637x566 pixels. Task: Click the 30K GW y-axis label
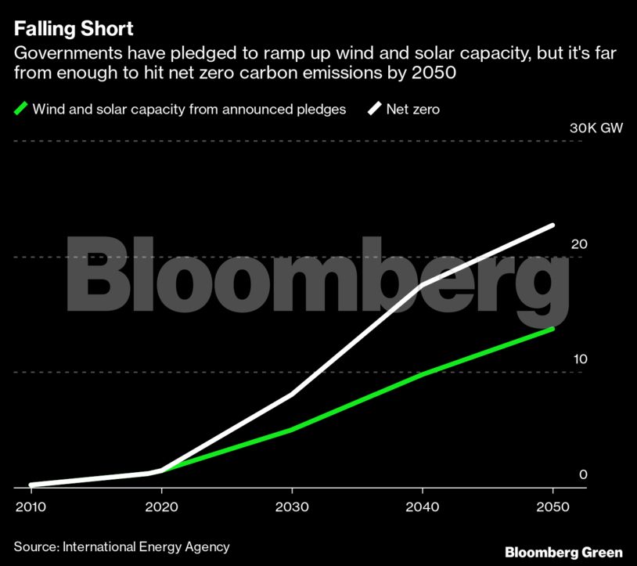[596, 128]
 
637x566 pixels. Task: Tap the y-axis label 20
[578, 244]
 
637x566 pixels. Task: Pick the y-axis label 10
[578, 359]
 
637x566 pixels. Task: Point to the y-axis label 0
[583, 474]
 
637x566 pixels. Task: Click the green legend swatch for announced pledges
[21, 109]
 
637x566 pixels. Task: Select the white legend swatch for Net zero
[375, 109]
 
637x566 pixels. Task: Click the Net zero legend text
[413, 110]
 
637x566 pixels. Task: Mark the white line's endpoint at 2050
[552, 225]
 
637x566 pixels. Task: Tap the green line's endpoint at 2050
[552, 329]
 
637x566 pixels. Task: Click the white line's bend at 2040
[423, 285]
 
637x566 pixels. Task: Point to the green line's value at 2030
[292, 430]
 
